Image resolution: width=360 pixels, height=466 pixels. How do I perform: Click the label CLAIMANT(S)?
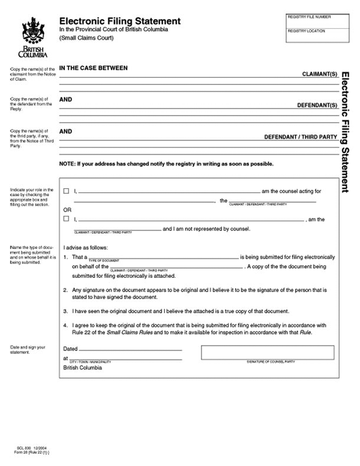pyautogui.click(x=319, y=75)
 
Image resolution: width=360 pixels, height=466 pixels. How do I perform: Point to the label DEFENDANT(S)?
pyautogui.click(x=316, y=106)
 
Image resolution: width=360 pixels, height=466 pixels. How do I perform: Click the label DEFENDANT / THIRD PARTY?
pyautogui.click(x=300, y=137)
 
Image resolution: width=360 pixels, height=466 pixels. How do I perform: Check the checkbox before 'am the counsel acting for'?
pyautogui.click(x=66, y=191)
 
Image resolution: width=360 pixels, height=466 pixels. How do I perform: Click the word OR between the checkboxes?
pyautogui.click(x=68, y=209)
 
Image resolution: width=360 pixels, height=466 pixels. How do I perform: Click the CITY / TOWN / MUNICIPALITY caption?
pyautogui.click(x=91, y=361)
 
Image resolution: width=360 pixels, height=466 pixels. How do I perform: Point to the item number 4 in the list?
pyautogui.click(x=65, y=325)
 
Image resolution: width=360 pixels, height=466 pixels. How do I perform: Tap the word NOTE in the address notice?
pyautogui.click(x=67, y=163)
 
